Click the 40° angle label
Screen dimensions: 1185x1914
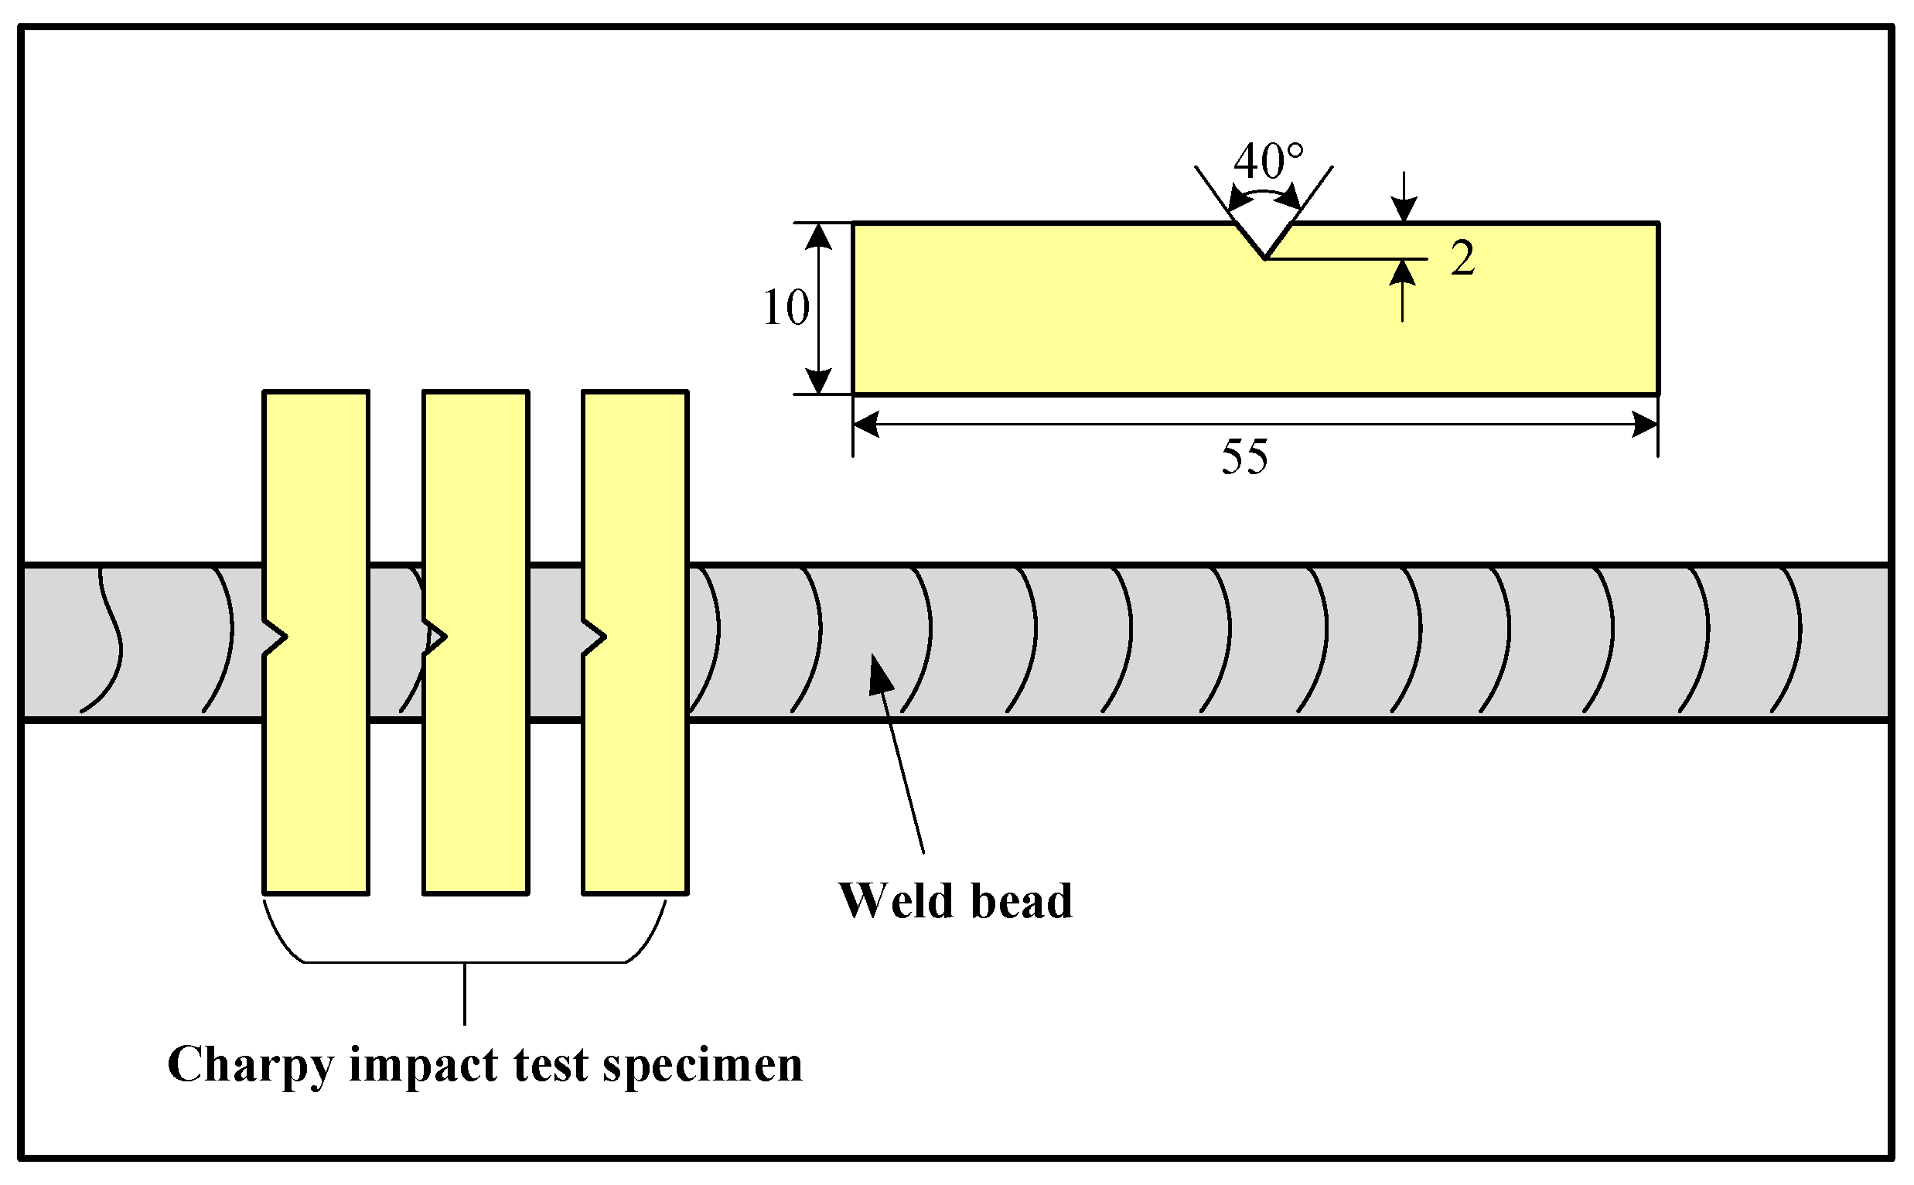coord(1267,162)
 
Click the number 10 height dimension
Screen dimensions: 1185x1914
coord(785,308)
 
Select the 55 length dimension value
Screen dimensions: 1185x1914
coord(1244,457)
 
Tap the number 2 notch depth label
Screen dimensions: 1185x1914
coord(1462,258)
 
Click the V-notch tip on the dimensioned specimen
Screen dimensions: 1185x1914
coord(1264,256)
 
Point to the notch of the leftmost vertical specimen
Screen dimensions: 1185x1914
coord(277,637)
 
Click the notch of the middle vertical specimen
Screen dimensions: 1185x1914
coord(436,637)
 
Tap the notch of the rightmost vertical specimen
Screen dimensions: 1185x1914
coord(595,637)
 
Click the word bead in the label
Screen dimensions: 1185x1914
coord(1021,901)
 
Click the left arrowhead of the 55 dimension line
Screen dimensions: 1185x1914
coord(865,425)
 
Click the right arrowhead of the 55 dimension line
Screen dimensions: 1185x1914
coord(1644,425)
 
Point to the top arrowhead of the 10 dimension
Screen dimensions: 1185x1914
coord(818,236)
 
